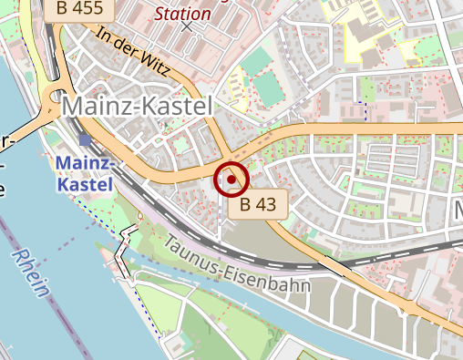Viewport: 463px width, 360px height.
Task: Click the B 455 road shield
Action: tap(79, 9)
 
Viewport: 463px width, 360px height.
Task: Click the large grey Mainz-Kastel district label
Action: tap(136, 107)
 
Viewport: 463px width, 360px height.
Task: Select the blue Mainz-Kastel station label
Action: tap(84, 174)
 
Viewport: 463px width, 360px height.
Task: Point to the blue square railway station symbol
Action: tap(86, 139)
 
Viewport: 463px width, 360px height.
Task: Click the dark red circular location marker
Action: tap(231, 180)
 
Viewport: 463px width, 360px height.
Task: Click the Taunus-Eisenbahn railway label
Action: tap(238, 265)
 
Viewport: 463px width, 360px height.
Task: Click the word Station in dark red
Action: tap(182, 14)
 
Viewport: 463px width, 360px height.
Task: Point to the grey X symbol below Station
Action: tap(187, 26)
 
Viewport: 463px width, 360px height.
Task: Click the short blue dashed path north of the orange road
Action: tap(365, 111)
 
